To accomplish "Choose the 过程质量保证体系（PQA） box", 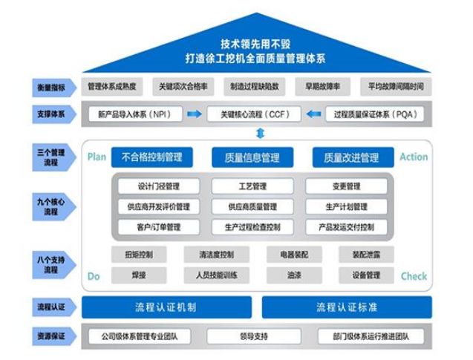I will [377, 115].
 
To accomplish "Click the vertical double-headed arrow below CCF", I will [259, 133].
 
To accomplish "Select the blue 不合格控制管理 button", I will [151, 157].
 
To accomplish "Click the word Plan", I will [97, 157].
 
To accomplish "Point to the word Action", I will [414, 157].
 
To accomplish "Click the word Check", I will [414, 276].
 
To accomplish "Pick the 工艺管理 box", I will [248, 186].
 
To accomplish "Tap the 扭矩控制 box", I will [139, 255].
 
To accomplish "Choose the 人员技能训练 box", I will [216, 275].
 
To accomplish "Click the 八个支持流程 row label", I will [47, 265].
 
